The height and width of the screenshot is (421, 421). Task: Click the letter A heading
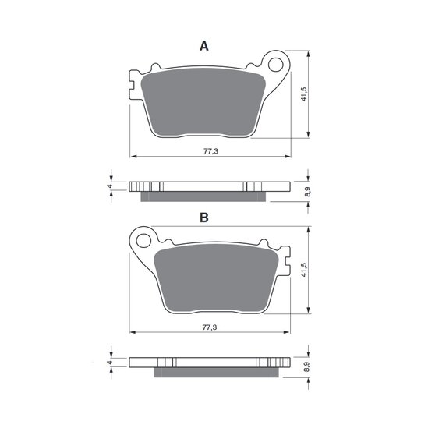[x=204, y=46]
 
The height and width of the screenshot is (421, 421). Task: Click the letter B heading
[x=204, y=218]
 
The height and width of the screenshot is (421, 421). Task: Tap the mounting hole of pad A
[x=276, y=65]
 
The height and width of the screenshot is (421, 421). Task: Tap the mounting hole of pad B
[x=143, y=241]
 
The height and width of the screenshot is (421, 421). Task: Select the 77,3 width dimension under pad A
[x=211, y=151]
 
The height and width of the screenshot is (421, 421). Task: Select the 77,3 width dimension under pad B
[x=210, y=327]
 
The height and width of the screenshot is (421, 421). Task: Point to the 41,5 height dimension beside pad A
[x=304, y=94]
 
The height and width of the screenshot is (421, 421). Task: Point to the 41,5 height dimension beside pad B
[x=304, y=270]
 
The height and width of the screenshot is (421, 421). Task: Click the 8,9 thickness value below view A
[x=308, y=192]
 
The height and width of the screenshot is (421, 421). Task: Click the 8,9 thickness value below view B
[x=308, y=367]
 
